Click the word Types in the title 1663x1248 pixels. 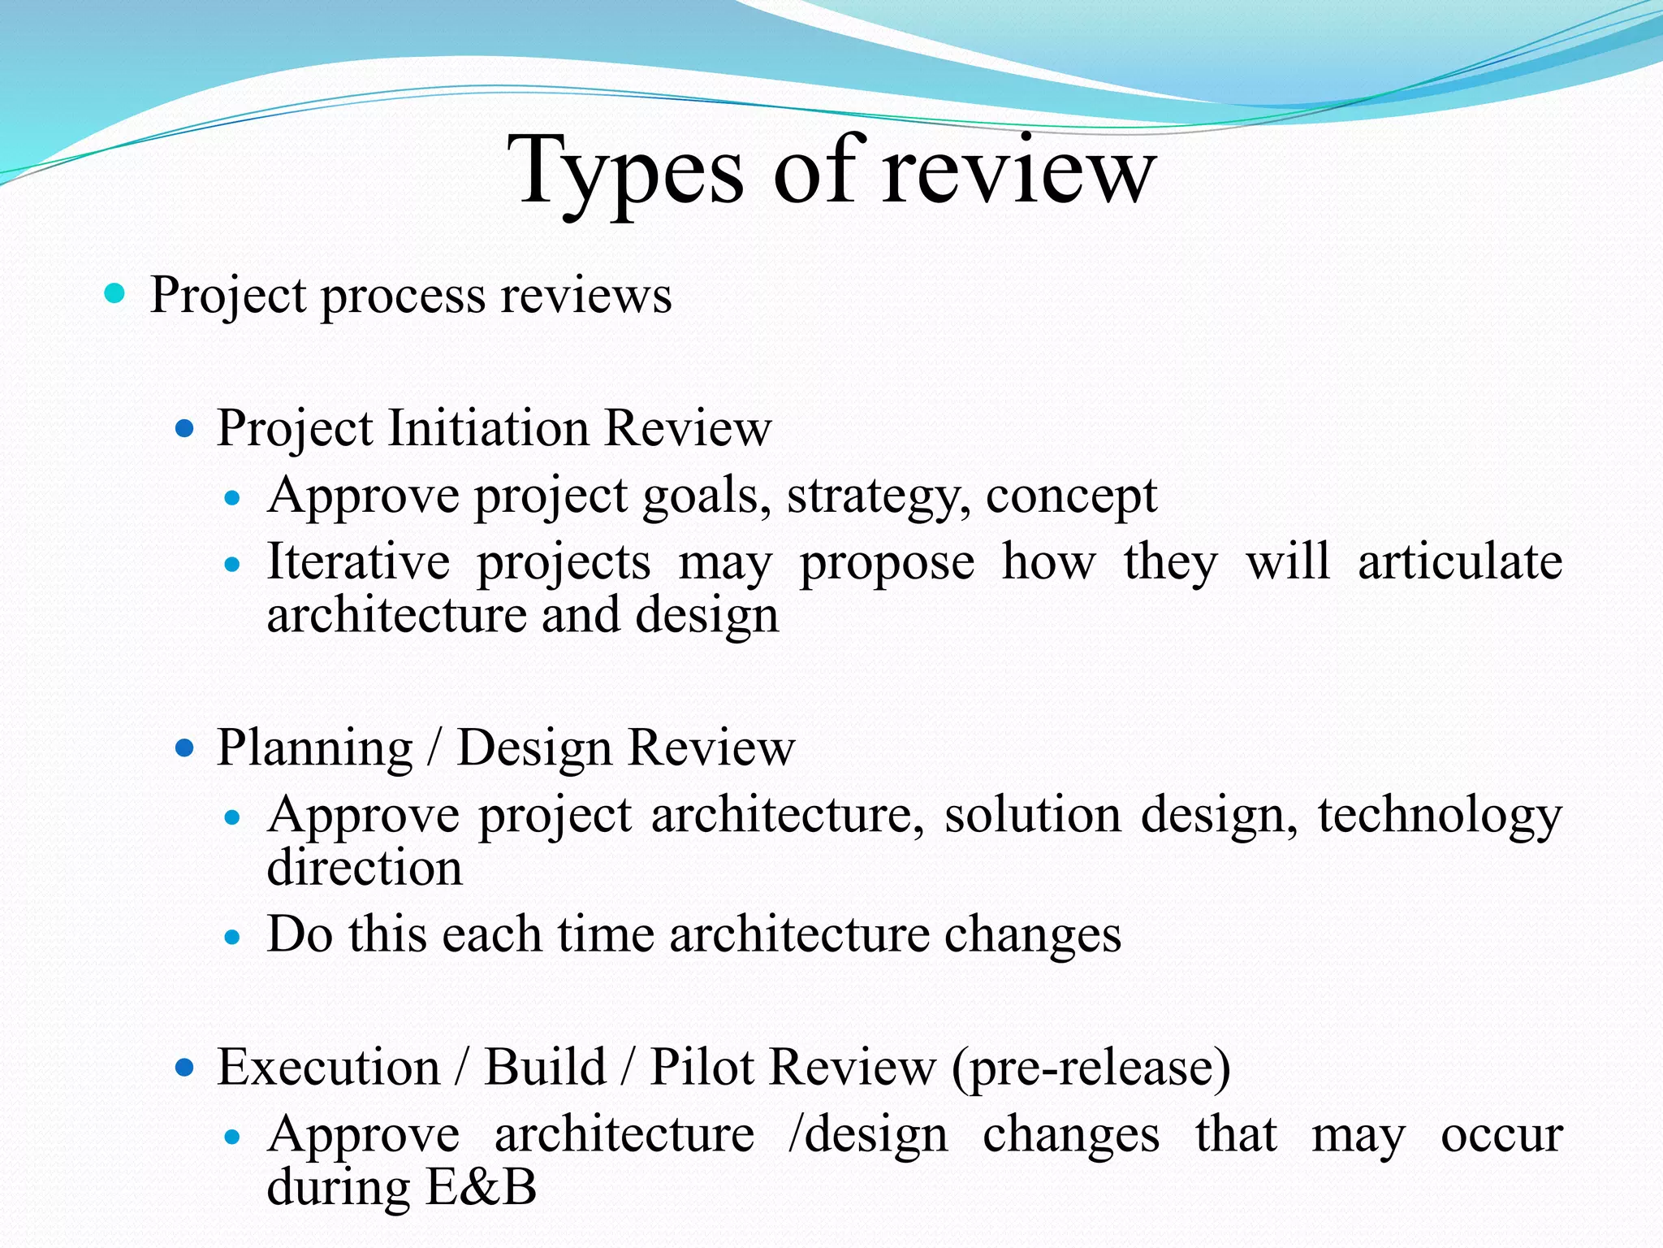point(625,172)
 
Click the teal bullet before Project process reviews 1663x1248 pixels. point(115,293)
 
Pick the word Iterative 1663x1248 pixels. point(358,562)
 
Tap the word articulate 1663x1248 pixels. point(1459,562)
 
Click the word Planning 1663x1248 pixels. point(315,747)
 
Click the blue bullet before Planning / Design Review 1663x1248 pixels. point(185,747)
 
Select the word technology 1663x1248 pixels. point(1439,816)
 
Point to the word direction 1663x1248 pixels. point(365,868)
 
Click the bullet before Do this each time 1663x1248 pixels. point(233,937)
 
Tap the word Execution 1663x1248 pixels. point(328,1067)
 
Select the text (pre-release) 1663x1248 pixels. point(1091,1068)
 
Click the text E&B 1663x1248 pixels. point(481,1187)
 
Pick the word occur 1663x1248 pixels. point(1501,1135)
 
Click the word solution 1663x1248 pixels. point(1032,815)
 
